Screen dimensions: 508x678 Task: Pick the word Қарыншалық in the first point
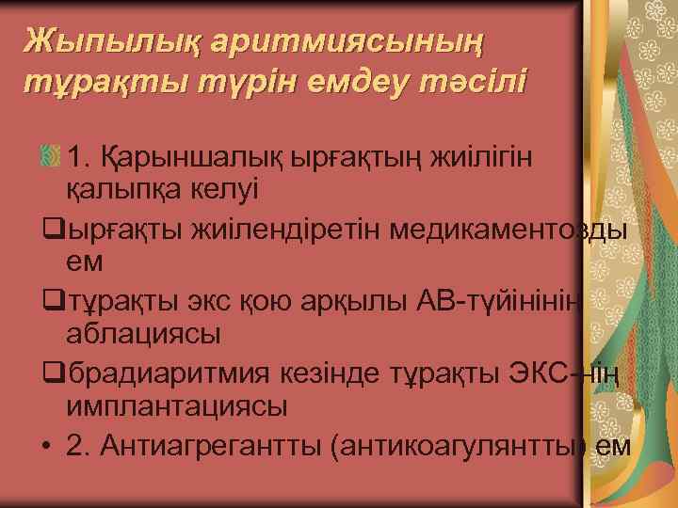tap(175, 155)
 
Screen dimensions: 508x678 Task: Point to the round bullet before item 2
tap(45, 446)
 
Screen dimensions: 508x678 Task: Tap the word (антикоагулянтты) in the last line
tap(461, 445)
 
